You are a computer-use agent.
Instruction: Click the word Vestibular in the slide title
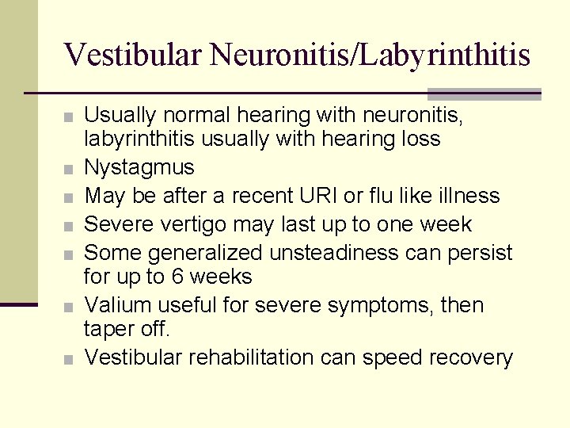[137, 55]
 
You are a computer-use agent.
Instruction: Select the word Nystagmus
[139, 168]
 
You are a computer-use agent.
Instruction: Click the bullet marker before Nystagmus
[70, 169]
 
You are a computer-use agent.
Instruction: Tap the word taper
[109, 331]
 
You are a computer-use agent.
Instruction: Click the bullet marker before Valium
[70, 306]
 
